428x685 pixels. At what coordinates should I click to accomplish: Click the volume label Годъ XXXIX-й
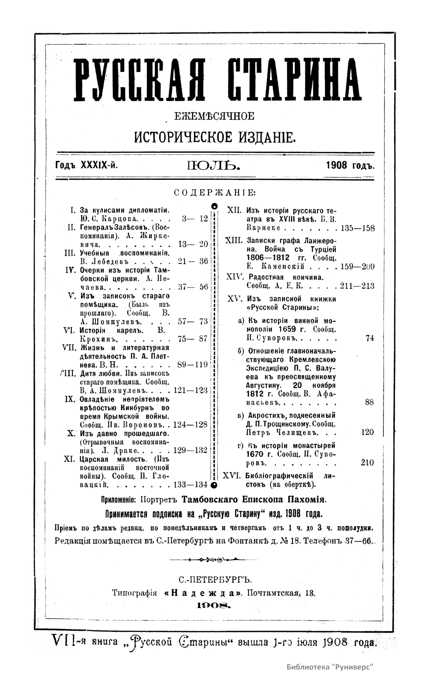pyautogui.click(x=87, y=166)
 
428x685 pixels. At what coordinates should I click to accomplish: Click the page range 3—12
pyautogui.click(x=195, y=219)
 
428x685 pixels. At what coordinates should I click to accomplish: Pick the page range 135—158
pyautogui.click(x=358, y=228)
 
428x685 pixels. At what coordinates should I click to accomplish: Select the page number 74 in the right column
pyautogui.click(x=370, y=339)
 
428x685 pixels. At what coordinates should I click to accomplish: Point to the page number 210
pyautogui.click(x=367, y=463)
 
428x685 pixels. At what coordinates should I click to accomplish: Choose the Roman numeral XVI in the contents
pyautogui.click(x=233, y=476)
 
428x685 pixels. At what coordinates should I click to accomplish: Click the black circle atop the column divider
pyautogui.click(x=214, y=206)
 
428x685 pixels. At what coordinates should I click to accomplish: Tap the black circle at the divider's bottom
pyautogui.click(x=214, y=484)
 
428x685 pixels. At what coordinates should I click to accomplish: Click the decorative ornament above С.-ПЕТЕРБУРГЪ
pyautogui.click(x=214, y=559)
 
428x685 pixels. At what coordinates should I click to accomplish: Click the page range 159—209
pyautogui.click(x=358, y=267)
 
